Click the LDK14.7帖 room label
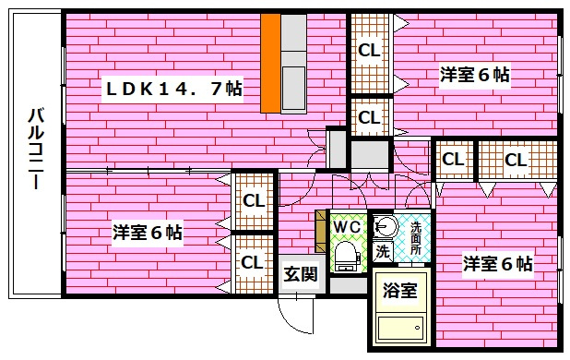coord(173,89)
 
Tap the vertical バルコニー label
coord(36,149)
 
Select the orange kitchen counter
coord(270,64)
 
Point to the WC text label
coord(347,226)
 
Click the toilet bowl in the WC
coord(346,255)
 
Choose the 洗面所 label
coord(415,238)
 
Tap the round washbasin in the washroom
coord(386,226)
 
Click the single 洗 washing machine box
coord(383,251)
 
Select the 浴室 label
coord(400,290)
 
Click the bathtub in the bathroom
coord(400,328)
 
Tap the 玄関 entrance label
coord(301,274)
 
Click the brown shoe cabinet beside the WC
coord(321,232)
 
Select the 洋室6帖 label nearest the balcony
coord(148,232)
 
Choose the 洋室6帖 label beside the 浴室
coord(497,263)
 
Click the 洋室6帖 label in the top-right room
coord(475,75)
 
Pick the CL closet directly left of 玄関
coord(253,262)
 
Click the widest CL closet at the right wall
coord(517,160)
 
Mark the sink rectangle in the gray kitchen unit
coord(293,88)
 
